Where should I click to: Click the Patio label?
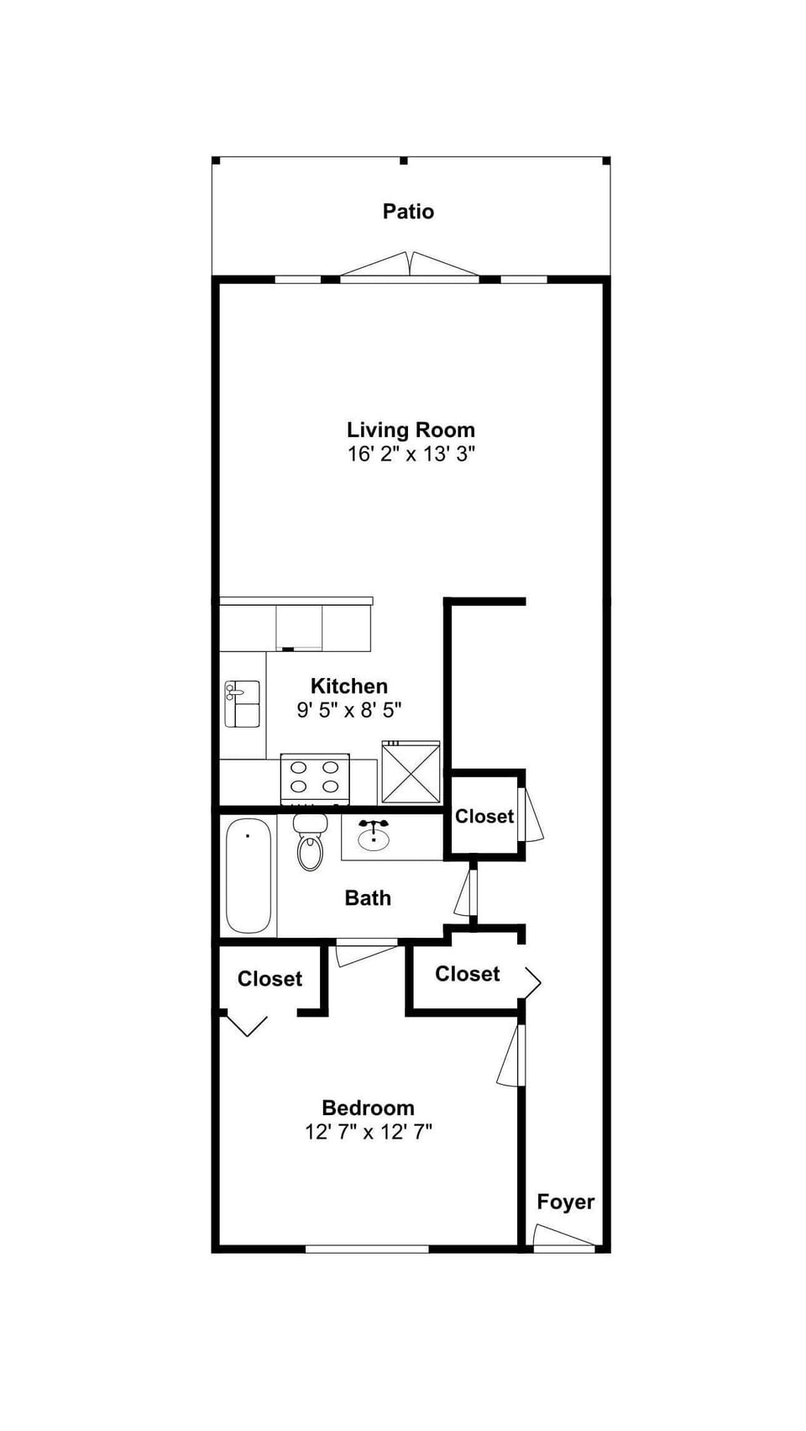coord(408,211)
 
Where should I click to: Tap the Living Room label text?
coord(411,430)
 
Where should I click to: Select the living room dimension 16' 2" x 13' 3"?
coord(411,455)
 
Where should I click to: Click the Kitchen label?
coord(349,686)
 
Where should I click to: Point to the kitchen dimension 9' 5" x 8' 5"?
coord(349,710)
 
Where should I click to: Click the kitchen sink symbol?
coord(242,703)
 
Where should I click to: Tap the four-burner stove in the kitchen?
coord(315,777)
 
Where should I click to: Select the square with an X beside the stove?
coord(411,771)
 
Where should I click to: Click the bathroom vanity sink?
coord(374,835)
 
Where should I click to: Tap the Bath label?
coord(368,898)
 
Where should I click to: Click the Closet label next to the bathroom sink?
coord(484,816)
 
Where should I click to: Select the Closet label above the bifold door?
coord(270,979)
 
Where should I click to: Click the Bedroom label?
coord(368,1107)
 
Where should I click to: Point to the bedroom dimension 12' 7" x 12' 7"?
coord(369,1132)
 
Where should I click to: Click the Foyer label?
coord(566,1202)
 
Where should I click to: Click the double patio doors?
coord(410,267)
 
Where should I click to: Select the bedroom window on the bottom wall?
coord(367,1249)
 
